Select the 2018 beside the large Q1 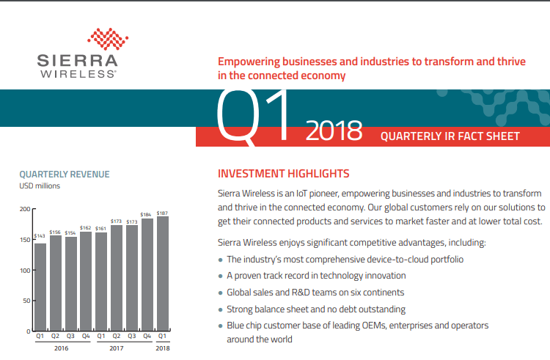(334, 131)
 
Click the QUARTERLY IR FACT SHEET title (450, 136)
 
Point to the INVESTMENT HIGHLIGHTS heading (283, 174)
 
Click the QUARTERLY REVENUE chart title (65, 175)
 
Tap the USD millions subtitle (40, 186)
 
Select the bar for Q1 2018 (162, 273)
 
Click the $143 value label (40, 235)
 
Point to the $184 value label (146, 215)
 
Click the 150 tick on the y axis (25, 240)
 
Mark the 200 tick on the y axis (25, 209)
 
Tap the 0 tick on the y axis (29, 331)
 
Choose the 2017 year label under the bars (117, 348)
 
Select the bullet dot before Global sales (221, 293)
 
